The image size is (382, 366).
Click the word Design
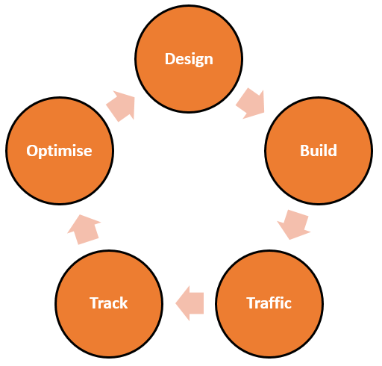(x=189, y=60)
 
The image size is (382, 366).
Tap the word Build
(x=319, y=151)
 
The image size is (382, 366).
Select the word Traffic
(x=269, y=303)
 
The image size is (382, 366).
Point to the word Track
(x=109, y=303)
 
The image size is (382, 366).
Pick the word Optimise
(x=59, y=151)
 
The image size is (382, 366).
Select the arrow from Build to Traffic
(x=294, y=225)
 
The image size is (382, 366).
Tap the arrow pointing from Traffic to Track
(x=190, y=303)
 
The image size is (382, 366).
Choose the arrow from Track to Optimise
(x=84, y=229)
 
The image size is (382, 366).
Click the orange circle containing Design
(x=189, y=59)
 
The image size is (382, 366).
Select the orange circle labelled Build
(x=319, y=151)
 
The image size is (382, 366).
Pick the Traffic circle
(x=269, y=304)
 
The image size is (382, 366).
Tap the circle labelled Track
(x=109, y=304)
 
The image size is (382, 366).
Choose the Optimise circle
(x=60, y=151)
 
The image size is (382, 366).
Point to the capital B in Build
(x=304, y=151)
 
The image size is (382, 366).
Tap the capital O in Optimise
(x=32, y=151)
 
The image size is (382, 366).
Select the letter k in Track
(x=123, y=303)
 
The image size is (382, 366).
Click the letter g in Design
(x=198, y=61)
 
